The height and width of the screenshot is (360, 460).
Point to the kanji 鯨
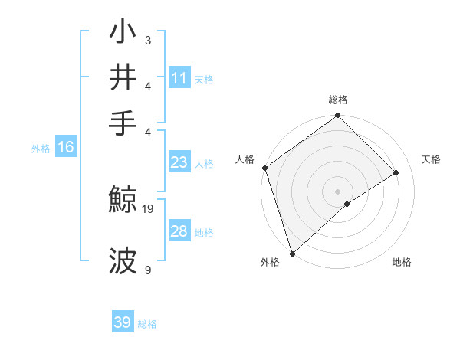coord(125,201)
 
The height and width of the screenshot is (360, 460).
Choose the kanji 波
coord(125,260)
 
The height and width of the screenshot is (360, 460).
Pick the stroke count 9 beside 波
coord(147,270)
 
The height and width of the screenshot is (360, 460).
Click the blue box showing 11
coord(179,78)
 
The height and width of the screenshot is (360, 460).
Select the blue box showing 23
coord(179,162)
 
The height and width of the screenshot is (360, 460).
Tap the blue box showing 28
coord(179,231)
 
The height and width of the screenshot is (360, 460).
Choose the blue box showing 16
coord(66,148)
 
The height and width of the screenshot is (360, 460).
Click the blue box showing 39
coord(123,322)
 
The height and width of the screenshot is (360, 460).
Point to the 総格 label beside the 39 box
coord(148,324)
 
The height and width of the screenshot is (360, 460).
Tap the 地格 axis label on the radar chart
coord(402,262)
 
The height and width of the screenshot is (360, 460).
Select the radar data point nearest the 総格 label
coord(337,116)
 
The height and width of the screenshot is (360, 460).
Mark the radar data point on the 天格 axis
coord(396,173)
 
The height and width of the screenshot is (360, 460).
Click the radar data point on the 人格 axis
coord(264,168)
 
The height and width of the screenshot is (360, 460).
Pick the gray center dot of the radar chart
coord(337,191)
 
